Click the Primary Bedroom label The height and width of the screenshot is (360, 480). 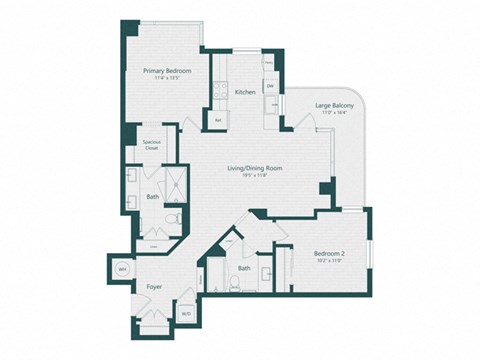[166, 71]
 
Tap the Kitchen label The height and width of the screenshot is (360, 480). [245, 92]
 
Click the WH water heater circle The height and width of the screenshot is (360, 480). [122, 269]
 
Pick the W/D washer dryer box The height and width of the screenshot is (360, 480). [186, 314]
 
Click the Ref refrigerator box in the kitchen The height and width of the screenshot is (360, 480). [219, 120]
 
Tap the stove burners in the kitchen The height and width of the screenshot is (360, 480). [219, 91]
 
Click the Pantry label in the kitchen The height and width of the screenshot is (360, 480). [269, 62]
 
